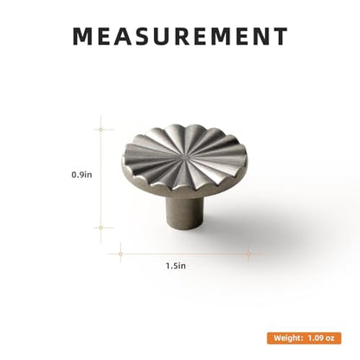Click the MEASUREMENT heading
click(180, 36)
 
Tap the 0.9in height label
click(81, 175)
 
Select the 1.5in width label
click(176, 266)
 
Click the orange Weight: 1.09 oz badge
click(304, 338)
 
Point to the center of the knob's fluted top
click(184, 157)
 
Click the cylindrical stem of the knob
click(184, 213)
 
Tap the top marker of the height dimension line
click(100, 130)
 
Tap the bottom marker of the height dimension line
click(100, 228)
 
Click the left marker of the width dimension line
click(120, 254)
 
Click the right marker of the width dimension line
click(248, 254)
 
